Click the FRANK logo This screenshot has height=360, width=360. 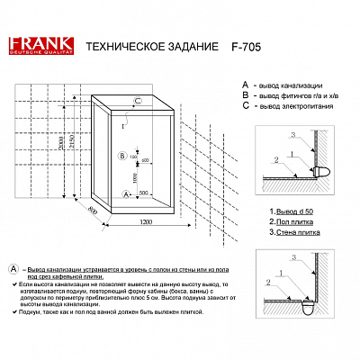37,46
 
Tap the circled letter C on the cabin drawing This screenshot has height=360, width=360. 137,100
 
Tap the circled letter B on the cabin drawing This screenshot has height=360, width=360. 122,156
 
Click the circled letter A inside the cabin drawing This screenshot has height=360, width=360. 124,193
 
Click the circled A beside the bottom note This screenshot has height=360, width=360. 12,269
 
